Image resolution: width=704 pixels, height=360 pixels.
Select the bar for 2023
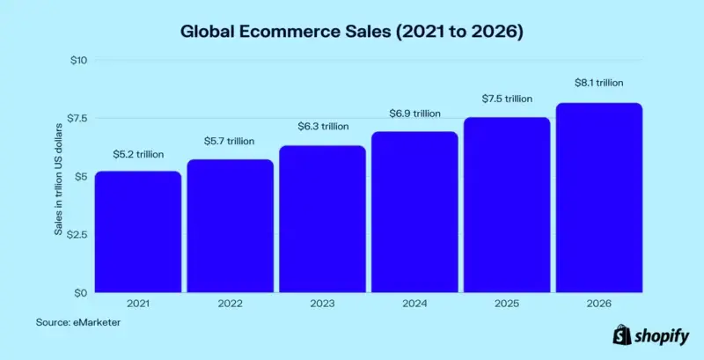pyautogui.click(x=322, y=219)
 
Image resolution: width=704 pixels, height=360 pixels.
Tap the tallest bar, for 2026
pyautogui.click(x=598, y=198)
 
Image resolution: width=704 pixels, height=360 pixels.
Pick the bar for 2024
pyautogui.click(x=414, y=212)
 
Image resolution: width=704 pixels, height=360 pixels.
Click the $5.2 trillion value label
pyautogui.click(x=138, y=155)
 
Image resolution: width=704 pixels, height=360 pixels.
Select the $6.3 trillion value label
pyautogui.click(x=321, y=127)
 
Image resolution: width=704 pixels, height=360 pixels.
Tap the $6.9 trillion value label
pyautogui.click(x=414, y=114)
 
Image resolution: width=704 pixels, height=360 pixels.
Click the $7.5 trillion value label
pyautogui.click(x=508, y=99)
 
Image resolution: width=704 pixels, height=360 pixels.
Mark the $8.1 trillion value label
pyautogui.click(x=598, y=83)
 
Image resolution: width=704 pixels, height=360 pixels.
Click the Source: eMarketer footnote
pyautogui.click(x=78, y=322)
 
